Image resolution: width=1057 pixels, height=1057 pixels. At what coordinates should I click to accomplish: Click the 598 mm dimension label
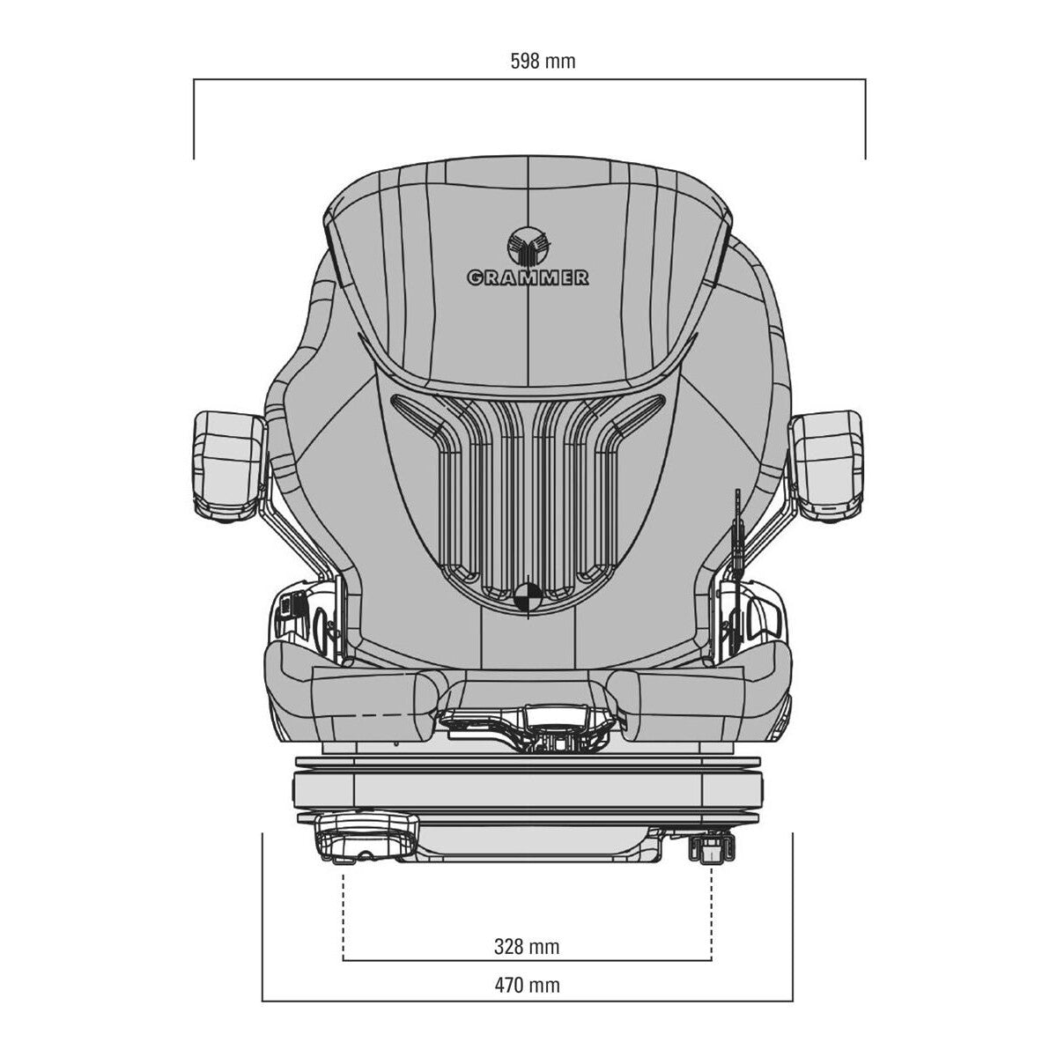pyautogui.click(x=543, y=61)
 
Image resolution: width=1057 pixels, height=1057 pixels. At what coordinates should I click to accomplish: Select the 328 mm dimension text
pyautogui.click(x=527, y=947)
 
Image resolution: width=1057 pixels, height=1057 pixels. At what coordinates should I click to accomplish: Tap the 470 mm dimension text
pyautogui.click(x=527, y=985)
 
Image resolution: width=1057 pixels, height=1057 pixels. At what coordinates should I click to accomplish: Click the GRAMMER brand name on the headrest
pyautogui.click(x=528, y=277)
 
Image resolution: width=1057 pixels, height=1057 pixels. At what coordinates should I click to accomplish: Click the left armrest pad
pyautogui.click(x=227, y=462)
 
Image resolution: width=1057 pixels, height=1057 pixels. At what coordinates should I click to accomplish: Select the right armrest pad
pyautogui.click(x=828, y=462)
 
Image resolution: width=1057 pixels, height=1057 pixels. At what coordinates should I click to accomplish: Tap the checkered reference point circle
pyautogui.click(x=528, y=595)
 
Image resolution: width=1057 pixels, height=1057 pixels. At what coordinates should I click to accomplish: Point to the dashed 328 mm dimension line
pyautogui.click(x=527, y=961)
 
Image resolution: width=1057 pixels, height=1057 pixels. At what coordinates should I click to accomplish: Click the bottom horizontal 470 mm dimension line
pyautogui.click(x=527, y=1001)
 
